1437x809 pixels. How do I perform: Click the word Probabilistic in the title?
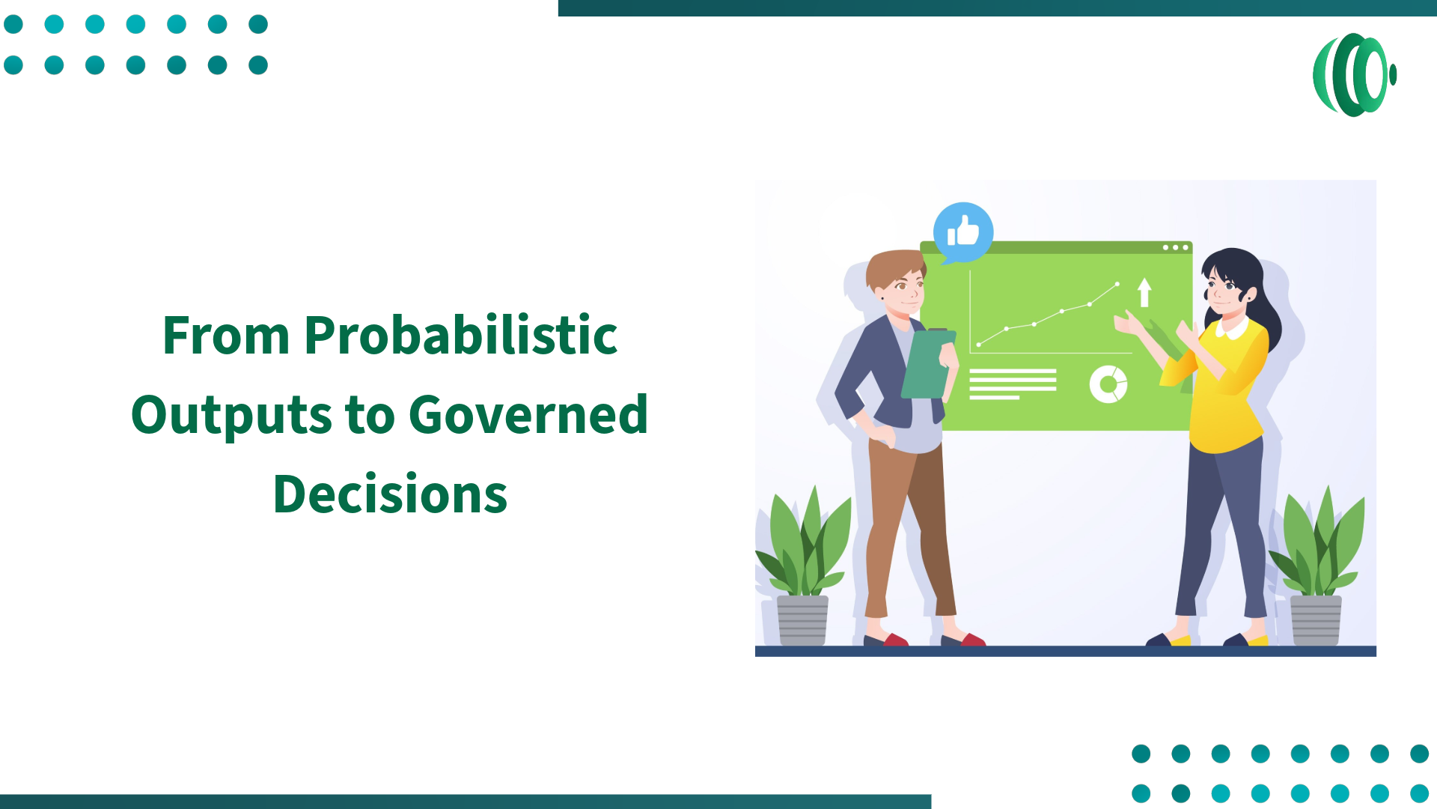460,335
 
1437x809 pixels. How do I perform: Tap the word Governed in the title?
528,414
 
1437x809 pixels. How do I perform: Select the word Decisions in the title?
390,494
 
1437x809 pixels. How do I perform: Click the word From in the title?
226,335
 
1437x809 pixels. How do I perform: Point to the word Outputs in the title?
231,414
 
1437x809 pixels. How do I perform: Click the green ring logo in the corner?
1354,75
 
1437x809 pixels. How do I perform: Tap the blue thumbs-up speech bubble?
963,232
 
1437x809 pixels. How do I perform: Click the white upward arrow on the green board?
1144,292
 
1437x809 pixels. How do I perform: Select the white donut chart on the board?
1108,384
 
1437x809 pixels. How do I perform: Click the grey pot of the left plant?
802,619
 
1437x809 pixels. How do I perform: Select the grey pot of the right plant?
1316,619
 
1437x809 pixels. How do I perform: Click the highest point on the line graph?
1117,284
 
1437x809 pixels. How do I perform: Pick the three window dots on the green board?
1175,247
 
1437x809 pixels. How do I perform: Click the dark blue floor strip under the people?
1065,651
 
